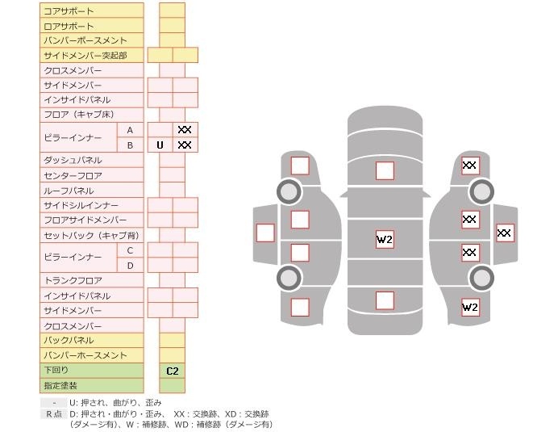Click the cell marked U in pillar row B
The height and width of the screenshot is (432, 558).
click(160, 145)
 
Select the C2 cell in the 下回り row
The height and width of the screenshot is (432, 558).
click(172, 371)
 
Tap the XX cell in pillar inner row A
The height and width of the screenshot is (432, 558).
click(185, 129)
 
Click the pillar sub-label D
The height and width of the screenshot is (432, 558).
click(130, 265)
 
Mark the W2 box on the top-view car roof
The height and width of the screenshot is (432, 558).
click(385, 239)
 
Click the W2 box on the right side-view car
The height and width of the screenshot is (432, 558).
click(470, 307)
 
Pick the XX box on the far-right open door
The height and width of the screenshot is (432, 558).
click(505, 233)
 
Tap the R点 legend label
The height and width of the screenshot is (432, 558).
click(53, 413)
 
